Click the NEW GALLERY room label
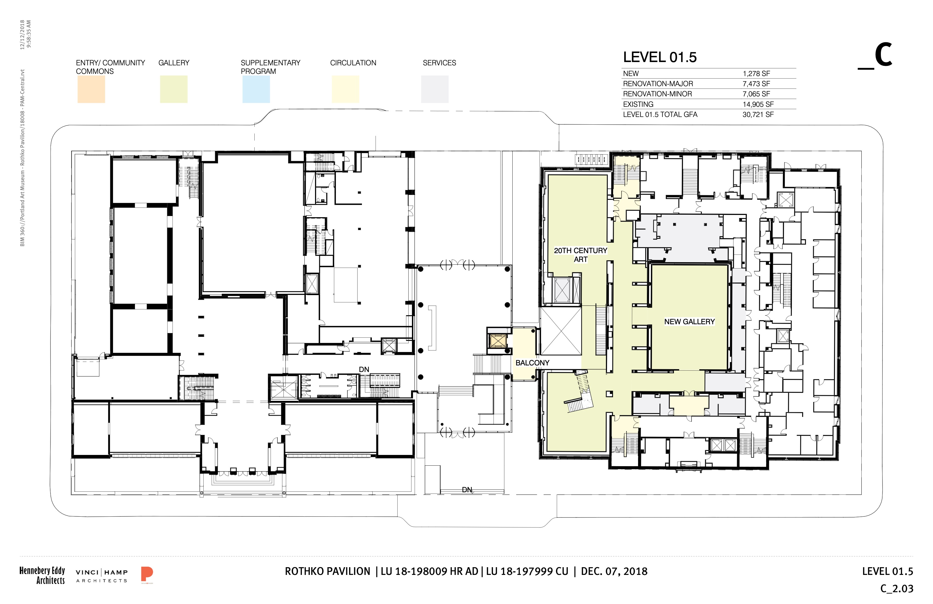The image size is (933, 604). pyautogui.click(x=689, y=321)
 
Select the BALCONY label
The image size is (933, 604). pyautogui.click(x=532, y=363)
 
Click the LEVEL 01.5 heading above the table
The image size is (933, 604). pyautogui.click(x=660, y=57)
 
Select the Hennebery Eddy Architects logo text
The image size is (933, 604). pyautogui.click(x=42, y=575)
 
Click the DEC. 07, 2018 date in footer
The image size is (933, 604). pyautogui.click(x=614, y=571)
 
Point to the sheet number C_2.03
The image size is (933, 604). pyautogui.click(x=897, y=589)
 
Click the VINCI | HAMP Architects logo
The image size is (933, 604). pyautogui.click(x=102, y=576)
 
